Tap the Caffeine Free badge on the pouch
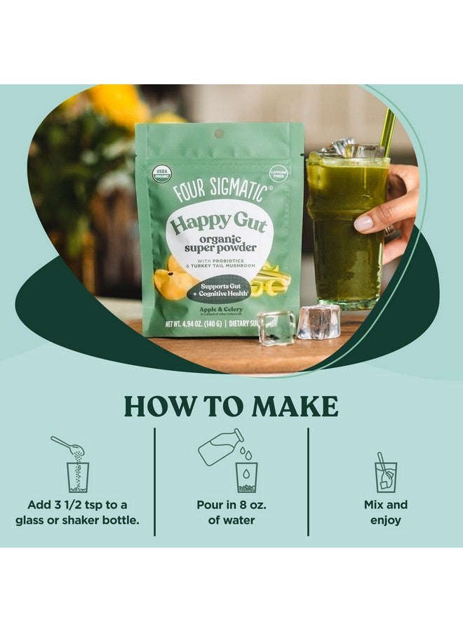[279, 173]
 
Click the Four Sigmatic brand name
[220, 191]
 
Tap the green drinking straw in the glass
[387, 133]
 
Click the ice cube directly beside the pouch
[276, 327]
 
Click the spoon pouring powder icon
[74, 463]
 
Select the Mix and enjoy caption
[385, 513]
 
